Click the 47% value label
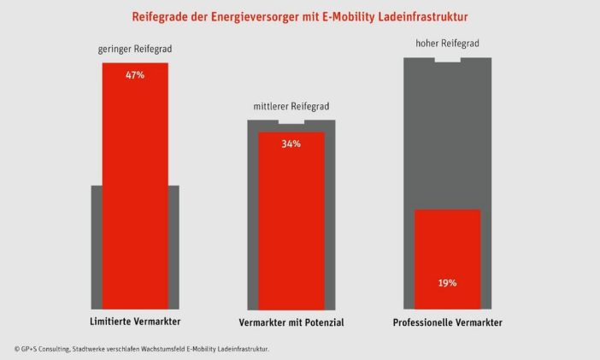point(135,75)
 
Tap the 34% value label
point(291,144)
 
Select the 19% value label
point(447,282)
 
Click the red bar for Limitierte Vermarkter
point(135,188)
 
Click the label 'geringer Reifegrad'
point(135,50)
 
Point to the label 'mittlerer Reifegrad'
point(291,107)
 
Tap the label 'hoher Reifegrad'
point(447,44)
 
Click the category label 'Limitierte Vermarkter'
point(135,322)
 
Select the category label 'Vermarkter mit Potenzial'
point(291,322)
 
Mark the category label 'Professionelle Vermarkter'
point(447,322)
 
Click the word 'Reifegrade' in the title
point(159,16)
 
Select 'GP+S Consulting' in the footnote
point(43,349)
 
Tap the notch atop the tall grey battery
point(447,60)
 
